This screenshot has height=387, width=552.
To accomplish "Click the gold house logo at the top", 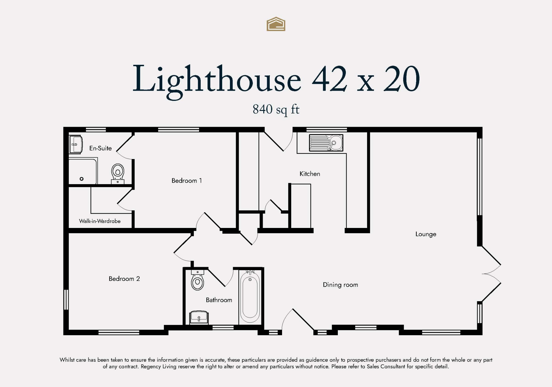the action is click(276, 24).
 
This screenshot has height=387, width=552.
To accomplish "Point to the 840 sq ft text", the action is click(276, 110).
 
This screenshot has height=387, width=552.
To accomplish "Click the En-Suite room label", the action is click(100, 148).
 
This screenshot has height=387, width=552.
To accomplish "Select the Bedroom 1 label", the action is click(187, 181).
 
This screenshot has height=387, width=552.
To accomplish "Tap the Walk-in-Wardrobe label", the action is click(100, 221).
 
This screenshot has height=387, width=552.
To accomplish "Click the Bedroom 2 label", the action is click(124, 279).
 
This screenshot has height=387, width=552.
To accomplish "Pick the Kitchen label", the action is click(310, 174).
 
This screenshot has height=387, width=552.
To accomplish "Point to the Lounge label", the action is click(426, 234).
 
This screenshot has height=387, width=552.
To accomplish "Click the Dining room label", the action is click(340, 285).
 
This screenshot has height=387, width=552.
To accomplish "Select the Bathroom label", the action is click(219, 300).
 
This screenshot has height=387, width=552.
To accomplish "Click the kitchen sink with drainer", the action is click(326, 143).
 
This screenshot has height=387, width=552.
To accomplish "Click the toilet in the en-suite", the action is click(118, 174).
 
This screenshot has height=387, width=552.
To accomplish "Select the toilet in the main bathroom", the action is click(197, 280).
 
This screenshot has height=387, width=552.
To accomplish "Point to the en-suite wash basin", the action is click(76, 144).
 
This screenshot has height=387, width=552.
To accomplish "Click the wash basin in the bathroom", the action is click(199, 318).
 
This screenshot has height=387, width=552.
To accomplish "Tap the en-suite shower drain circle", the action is click(81, 179).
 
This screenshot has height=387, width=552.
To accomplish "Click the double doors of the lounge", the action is click(491, 274).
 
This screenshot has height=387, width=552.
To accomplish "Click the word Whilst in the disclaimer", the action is click(68, 360).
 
